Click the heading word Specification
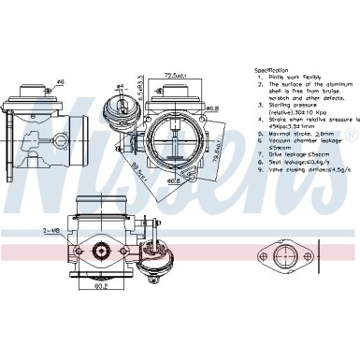tap(274, 70)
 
